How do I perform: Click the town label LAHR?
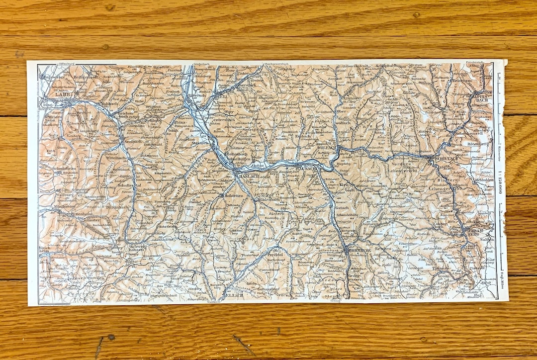(64, 93)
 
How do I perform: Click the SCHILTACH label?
(446, 158)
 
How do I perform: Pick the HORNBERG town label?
(357, 251)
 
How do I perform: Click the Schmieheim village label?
(58, 169)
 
